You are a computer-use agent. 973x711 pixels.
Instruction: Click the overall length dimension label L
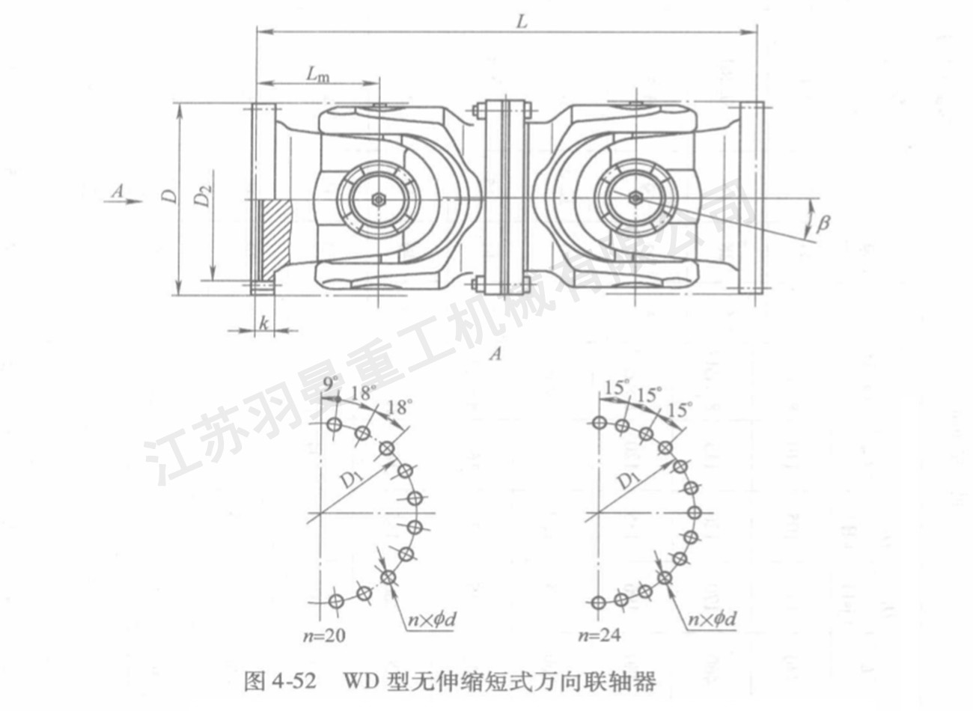tap(522, 21)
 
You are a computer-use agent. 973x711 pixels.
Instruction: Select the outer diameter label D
tap(171, 196)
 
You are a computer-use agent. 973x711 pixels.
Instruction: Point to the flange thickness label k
tap(264, 323)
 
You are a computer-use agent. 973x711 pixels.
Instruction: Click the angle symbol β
tap(823, 223)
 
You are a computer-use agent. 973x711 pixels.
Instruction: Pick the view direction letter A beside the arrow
tap(117, 192)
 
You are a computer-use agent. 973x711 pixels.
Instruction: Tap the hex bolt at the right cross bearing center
tap(635, 198)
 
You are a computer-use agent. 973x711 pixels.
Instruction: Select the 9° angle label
tap(330, 385)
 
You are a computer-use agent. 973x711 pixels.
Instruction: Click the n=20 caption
tap(323, 636)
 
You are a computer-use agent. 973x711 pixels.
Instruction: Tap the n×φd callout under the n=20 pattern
tap(430, 618)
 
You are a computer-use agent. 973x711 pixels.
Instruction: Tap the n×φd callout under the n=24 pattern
tap(712, 618)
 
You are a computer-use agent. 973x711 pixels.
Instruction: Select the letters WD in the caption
tap(361, 682)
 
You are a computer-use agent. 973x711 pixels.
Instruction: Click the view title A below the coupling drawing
tap(494, 355)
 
